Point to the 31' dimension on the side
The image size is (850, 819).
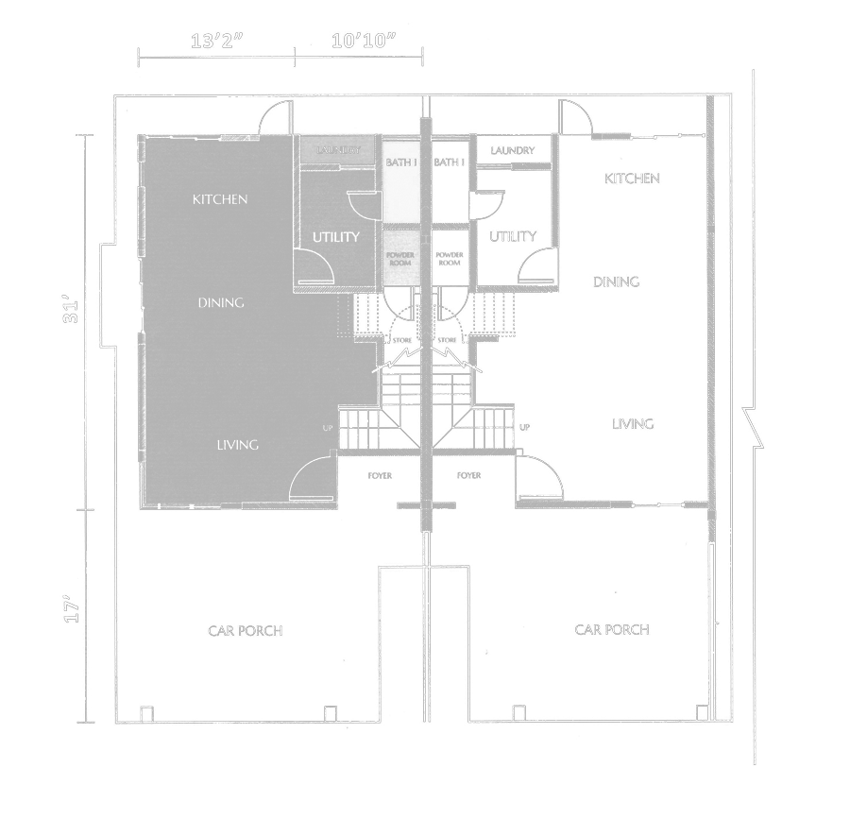click(70, 315)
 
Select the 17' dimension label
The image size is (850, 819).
click(70, 608)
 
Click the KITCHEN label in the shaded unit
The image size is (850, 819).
click(220, 199)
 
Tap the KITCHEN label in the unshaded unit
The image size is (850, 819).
click(632, 178)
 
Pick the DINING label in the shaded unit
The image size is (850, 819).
click(221, 302)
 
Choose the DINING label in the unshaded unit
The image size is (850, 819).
click(616, 282)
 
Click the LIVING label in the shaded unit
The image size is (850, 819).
click(237, 445)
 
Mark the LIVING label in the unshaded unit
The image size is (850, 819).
click(632, 424)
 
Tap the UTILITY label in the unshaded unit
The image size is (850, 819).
click(513, 236)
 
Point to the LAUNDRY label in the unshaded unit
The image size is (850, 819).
click(513, 150)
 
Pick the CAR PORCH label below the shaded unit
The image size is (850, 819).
click(245, 630)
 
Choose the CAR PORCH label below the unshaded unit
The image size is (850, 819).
click(612, 629)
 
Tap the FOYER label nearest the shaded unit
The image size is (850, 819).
click(380, 475)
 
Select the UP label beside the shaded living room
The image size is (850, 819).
click(328, 428)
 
